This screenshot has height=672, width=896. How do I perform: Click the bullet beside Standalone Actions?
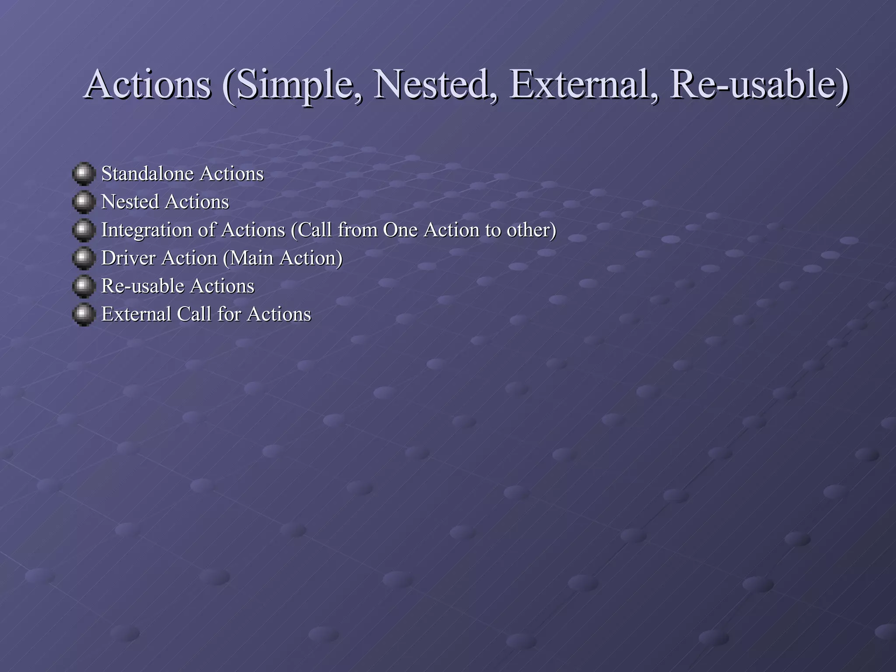click(x=84, y=174)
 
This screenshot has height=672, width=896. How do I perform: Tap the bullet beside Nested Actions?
click(x=84, y=202)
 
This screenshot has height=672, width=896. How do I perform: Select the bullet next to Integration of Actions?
click(x=84, y=230)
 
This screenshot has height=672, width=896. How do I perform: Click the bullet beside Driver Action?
click(x=84, y=258)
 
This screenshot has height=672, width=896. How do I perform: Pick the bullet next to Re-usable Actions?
click(x=84, y=286)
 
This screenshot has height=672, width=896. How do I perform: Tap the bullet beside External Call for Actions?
click(x=84, y=314)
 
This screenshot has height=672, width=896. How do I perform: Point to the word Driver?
click(x=128, y=258)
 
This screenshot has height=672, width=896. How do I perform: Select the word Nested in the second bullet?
click(x=129, y=202)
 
